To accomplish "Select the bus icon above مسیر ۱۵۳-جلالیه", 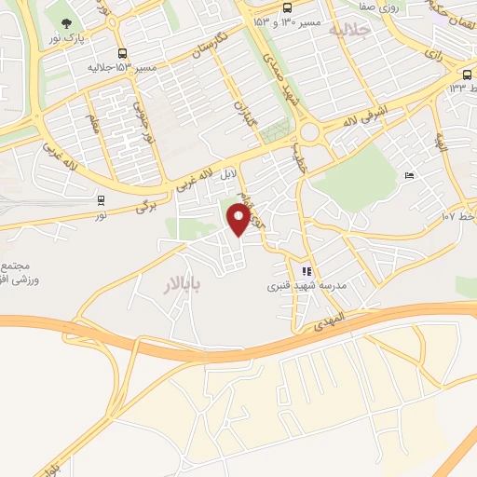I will pyautogui.click(x=123, y=54).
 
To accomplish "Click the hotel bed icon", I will pyautogui.click(x=409, y=175).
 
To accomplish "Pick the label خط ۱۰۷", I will pyautogui.click(x=459, y=215).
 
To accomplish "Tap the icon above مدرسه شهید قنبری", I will pyautogui.click(x=307, y=271).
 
